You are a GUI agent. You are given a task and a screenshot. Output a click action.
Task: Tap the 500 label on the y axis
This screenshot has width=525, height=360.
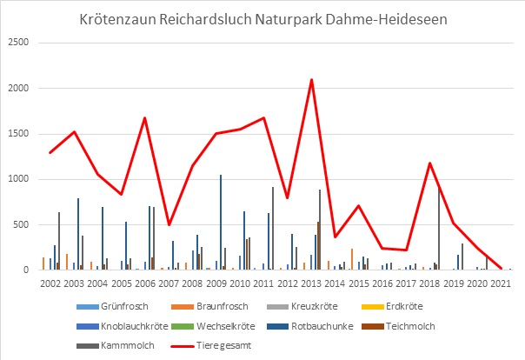(23, 224)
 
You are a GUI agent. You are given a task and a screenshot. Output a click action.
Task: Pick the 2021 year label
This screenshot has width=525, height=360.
(501, 283)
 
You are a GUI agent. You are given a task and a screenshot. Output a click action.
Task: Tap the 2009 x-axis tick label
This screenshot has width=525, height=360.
(217, 283)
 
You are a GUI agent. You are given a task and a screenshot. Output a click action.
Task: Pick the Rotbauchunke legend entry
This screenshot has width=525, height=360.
(329, 326)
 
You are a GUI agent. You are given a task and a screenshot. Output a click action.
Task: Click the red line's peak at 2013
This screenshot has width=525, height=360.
(311, 79)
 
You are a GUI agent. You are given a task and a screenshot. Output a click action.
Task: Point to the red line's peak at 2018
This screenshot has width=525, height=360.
(430, 163)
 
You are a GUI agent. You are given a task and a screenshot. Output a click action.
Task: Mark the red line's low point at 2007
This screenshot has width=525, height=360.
(169, 224)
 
